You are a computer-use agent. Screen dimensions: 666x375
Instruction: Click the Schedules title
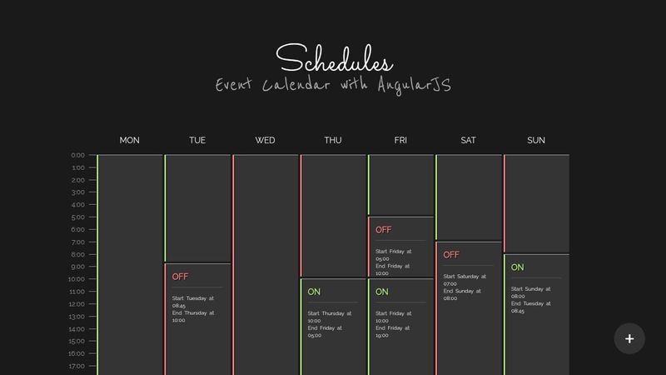pos(335,58)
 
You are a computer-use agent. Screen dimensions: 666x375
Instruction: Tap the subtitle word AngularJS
pos(415,86)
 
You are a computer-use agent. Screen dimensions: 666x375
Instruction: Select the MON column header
pos(130,140)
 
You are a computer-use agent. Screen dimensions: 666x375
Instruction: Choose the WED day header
pos(265,140)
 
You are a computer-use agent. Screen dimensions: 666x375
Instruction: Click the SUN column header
pos(536,140)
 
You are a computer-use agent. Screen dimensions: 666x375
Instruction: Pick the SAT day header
pos(468,140)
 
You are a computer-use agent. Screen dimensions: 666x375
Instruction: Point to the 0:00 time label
pos(78,155)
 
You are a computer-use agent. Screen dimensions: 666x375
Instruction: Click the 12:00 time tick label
pos(77,304)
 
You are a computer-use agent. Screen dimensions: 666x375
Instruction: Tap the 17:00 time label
pos(77,366)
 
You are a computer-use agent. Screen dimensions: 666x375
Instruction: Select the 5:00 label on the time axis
pos(78,217)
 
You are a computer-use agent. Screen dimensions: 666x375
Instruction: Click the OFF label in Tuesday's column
pos(180,277)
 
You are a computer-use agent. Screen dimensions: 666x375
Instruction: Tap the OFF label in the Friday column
pos(384,230)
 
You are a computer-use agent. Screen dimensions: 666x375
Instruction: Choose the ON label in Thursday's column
pos(314,292)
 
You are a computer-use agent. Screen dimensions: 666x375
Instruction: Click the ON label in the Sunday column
pos(517,267)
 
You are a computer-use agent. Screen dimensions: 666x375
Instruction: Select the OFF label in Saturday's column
pos(451,255)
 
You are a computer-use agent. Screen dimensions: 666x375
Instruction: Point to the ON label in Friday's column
pos(382,292)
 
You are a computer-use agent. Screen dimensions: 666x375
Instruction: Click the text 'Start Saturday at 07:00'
pos(465,280)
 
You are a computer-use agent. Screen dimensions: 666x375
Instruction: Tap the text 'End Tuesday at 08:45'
pos(531,307)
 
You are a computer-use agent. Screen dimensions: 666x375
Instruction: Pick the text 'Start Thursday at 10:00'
pos(330,317)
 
